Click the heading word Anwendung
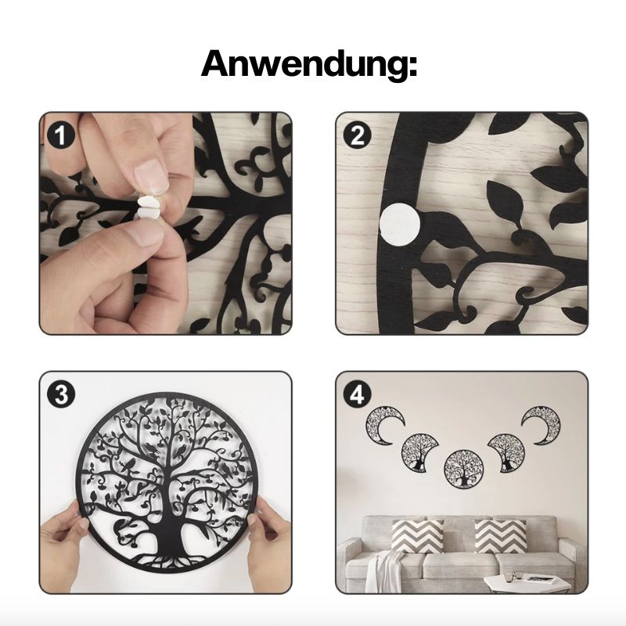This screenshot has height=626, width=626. (x=309, y=64)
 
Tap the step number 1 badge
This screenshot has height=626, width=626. (x=61, y=135)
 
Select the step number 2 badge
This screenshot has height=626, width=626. (x=358, y=135)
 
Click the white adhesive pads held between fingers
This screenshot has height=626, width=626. (x=148, y=206)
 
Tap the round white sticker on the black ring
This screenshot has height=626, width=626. (x=400, y=222)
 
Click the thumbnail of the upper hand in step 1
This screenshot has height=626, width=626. (x=151, y=174)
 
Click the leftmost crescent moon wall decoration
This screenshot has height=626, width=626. (x=383, y=425)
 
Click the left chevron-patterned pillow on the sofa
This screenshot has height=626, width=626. (x=417, y=536)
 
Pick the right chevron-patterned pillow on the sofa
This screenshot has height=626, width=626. (x=501, y=536)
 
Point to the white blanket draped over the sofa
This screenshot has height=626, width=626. (x=383, y=572)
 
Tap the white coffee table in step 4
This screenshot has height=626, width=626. (x=527, y=584)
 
